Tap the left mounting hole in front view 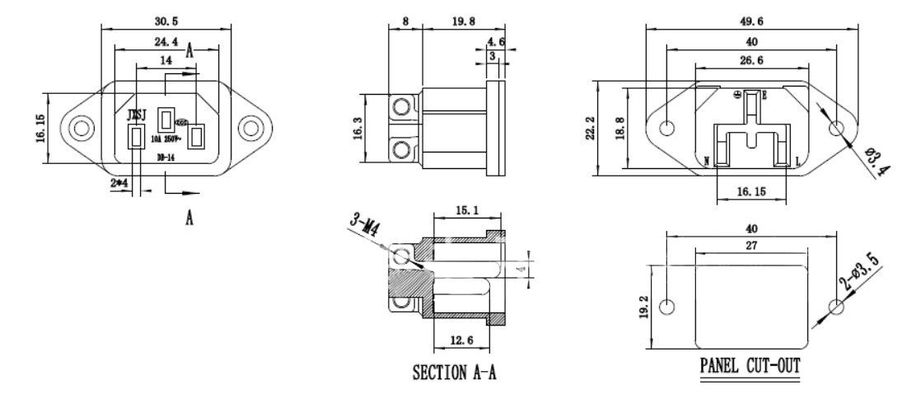pos(80,128)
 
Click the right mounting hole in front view pos(249,128)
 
